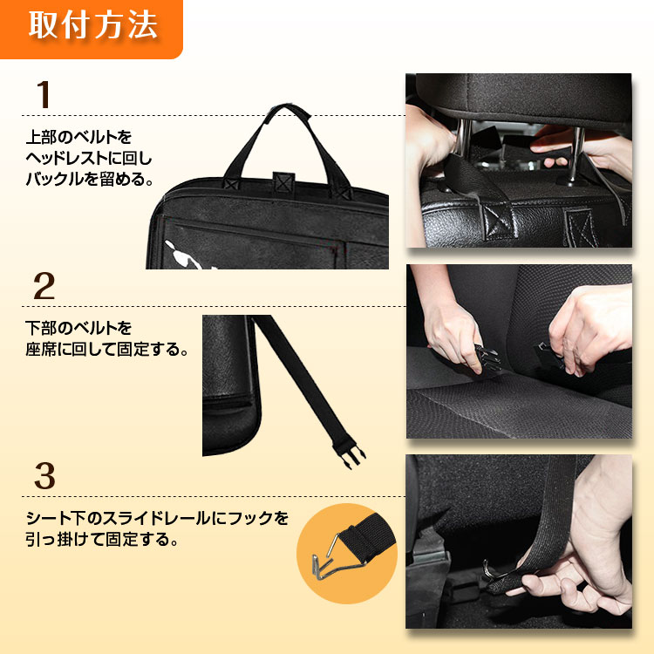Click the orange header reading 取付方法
(x=91, y=28)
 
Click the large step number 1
(x=44, y=95)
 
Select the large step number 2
(x=44, y=286)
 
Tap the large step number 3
(x=44, y=476)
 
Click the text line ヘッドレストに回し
(x=89, y=158)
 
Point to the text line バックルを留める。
(x=89, y=179)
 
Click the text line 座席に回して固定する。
(x=106, y=349)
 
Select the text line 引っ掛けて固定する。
(x=102, y=539)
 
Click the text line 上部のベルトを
(x=78, y=137)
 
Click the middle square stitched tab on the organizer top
(x=283, y=183)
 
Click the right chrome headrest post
(x=576, y=155)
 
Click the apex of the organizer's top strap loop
(x=287, y=106)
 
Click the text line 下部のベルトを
(x=78, y=328)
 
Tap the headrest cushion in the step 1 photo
(x=523, y=97)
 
